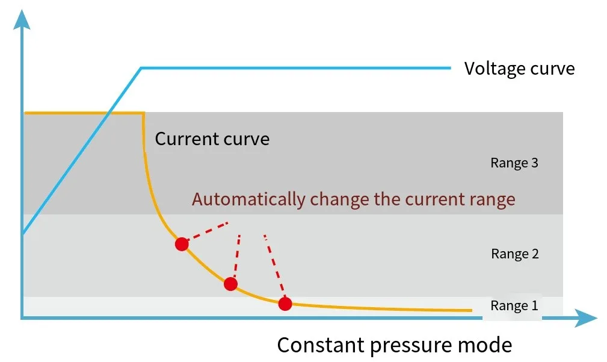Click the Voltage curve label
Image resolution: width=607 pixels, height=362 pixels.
click(520, 69)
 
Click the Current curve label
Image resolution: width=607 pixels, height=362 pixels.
click(212, 139)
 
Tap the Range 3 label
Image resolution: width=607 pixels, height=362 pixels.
click(514, 163)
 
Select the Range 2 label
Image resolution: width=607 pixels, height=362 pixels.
click(515, 254)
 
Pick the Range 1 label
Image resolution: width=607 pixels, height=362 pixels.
click(514, 305)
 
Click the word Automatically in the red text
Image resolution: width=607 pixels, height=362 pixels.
click(248, 199)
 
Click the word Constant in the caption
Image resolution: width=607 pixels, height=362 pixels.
click(321, 345)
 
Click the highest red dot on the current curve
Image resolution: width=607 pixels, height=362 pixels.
click(182, 244)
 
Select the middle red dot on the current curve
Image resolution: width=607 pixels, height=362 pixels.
click(230, 284)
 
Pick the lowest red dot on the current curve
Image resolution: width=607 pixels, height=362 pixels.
click(285, 304)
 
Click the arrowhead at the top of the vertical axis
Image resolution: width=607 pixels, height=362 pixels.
click(22, 19)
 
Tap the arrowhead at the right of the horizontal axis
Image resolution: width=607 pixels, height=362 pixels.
click(586, 318)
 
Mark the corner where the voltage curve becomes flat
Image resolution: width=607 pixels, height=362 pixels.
click(141, 68)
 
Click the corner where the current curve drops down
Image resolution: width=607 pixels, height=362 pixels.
click(144, 113)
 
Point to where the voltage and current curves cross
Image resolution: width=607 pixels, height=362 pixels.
click(109, 113)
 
